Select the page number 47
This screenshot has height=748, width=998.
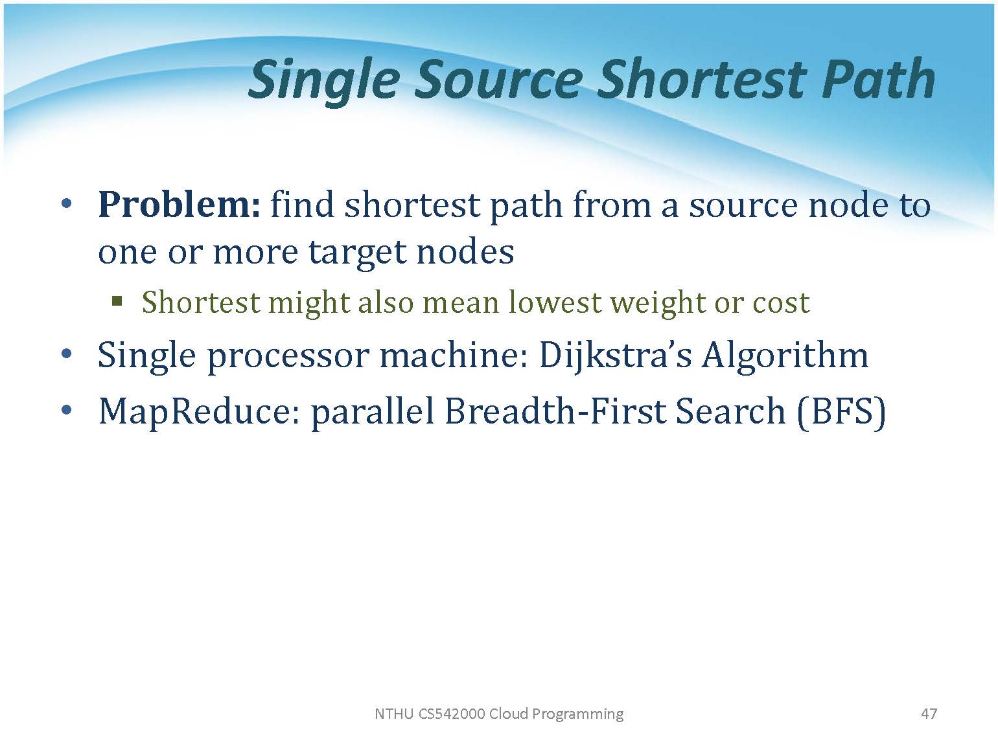[929, 714]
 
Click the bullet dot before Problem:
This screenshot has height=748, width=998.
[66, 205]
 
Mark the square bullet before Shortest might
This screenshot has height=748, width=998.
[117, 301]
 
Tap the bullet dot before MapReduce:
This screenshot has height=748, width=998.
[66, 410]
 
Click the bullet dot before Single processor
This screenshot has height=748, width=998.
[66, 355]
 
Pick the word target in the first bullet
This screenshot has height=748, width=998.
[358, 253]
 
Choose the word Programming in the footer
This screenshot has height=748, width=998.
[577, 714]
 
